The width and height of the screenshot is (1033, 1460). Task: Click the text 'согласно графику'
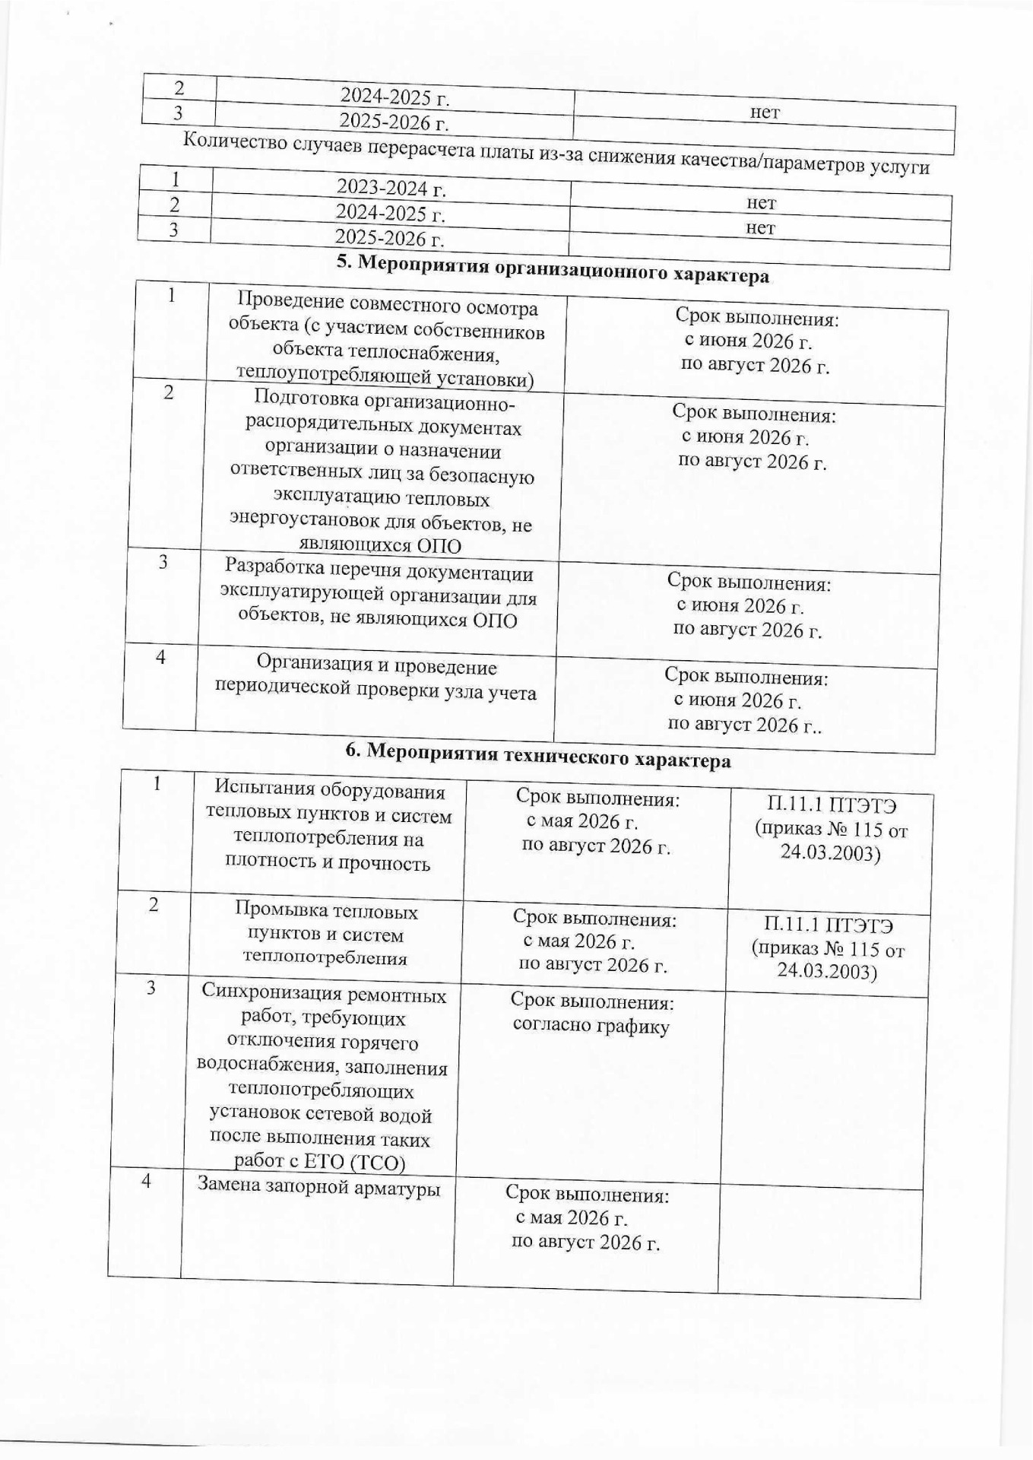591,1026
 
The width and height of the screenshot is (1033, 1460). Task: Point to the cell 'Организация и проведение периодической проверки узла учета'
376,678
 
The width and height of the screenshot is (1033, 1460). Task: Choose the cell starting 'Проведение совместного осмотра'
386,341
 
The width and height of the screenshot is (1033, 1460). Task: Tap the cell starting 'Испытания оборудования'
328,826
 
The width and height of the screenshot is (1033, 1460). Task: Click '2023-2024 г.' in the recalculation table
391,187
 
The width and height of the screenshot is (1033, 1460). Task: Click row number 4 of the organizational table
161,657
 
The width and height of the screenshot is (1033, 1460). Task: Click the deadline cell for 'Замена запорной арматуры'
586,1218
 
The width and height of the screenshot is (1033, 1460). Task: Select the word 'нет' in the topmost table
765,113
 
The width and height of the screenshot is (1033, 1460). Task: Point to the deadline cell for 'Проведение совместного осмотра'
756,342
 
